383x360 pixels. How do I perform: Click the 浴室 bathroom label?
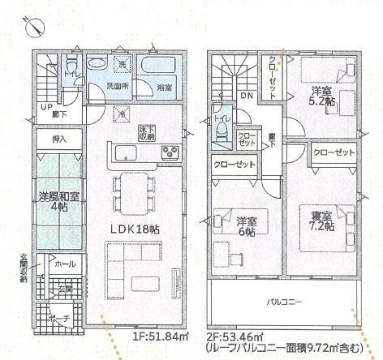[164, 87]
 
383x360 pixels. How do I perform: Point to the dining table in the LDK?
[130, 191]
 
